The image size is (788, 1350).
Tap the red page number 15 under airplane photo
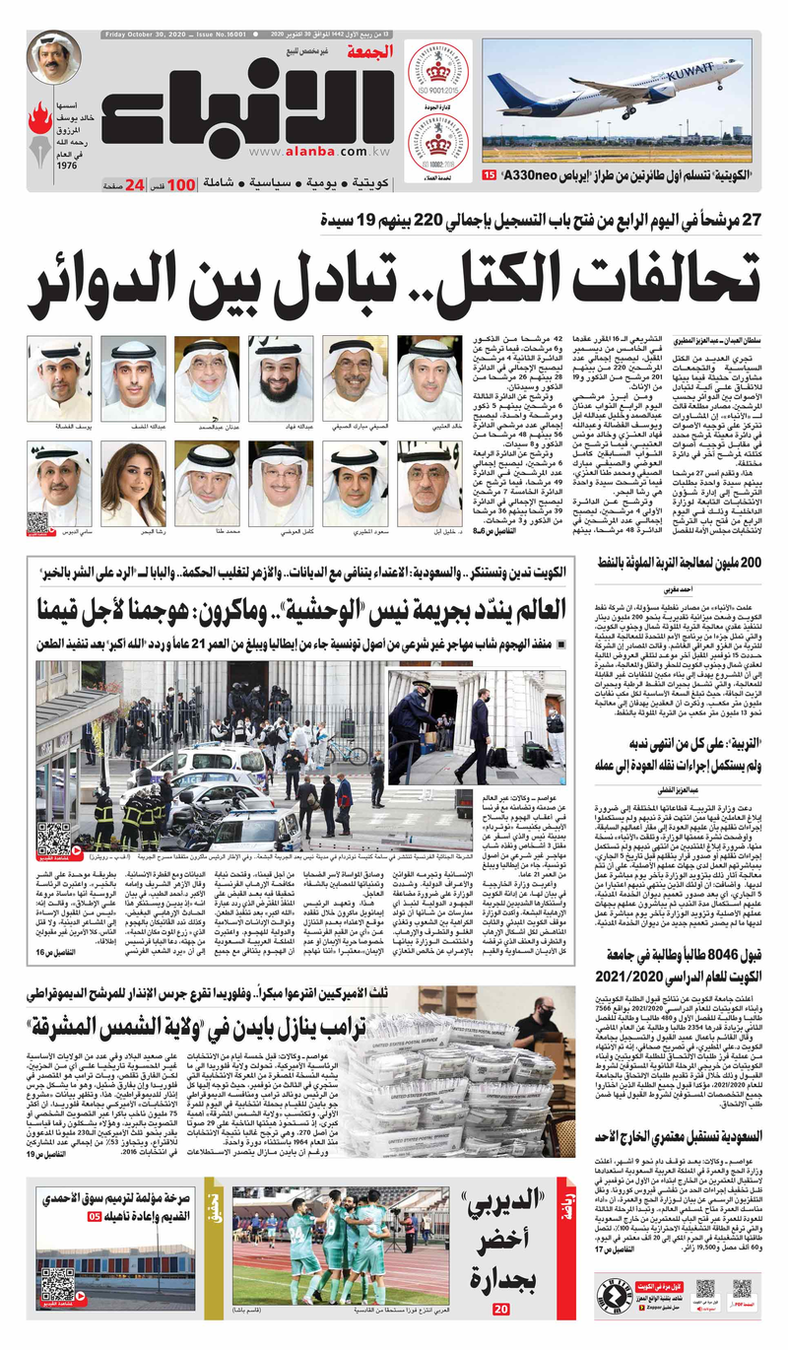pos(490,174)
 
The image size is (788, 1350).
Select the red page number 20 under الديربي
pos(500,1309)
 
